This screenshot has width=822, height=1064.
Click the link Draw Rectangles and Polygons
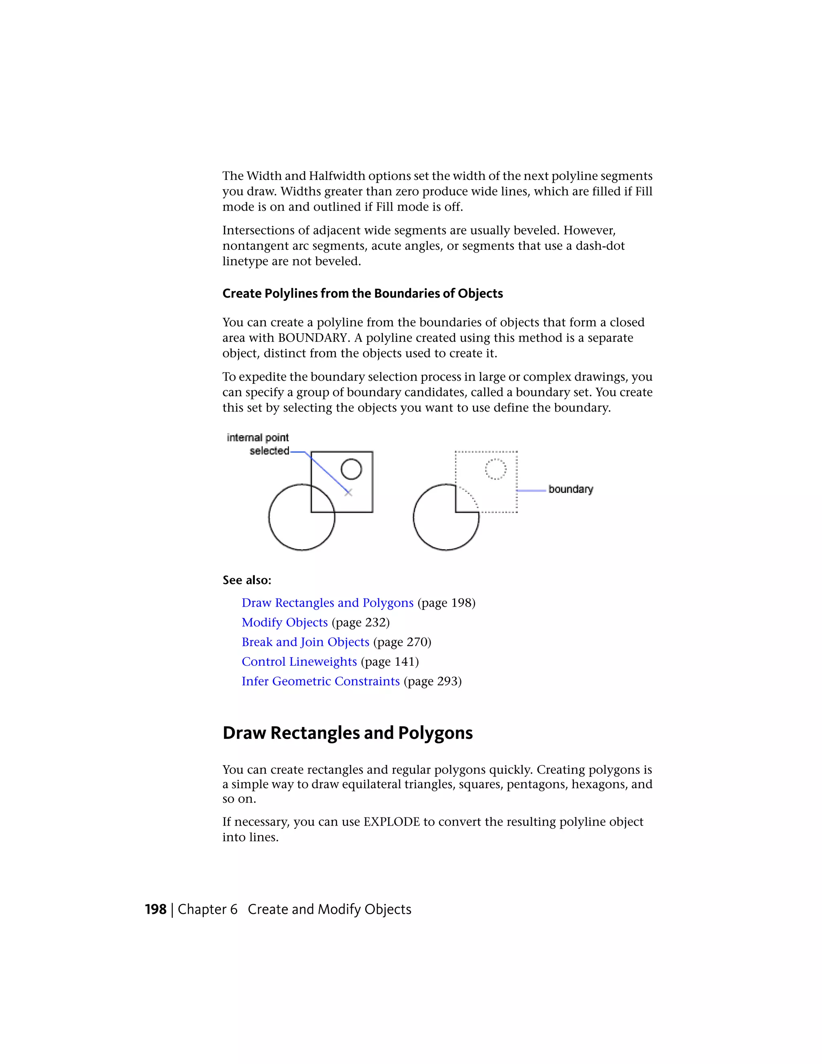[327, 603]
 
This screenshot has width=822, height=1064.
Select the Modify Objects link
[285, 623]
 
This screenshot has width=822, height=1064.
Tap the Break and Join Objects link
[305, 642]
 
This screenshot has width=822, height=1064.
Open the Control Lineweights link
[299, 662]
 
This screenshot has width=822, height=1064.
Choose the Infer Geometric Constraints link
[320, 681]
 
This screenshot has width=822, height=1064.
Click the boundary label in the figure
[570, 489]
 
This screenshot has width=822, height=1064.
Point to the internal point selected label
[258, 444]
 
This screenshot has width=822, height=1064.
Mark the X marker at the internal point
[348, 493]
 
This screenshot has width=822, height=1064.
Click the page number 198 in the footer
[155, 909]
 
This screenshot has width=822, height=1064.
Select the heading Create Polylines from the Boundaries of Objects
[362, 293]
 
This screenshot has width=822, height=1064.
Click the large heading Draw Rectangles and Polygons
[347, 733]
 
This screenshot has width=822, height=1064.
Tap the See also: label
[247, 580]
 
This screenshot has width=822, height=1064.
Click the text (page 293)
[432, 681]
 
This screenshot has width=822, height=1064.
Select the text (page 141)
[390, 662]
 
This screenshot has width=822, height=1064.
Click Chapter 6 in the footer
[208, 909]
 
